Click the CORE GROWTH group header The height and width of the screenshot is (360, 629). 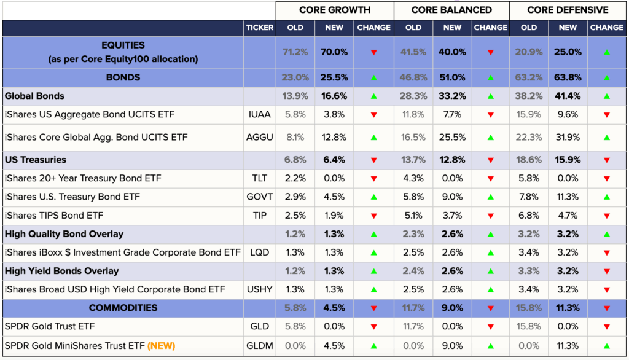(x=335, y=10)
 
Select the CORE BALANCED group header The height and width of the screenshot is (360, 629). (x=451, y=10)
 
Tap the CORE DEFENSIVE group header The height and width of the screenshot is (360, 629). (x=568, y=10)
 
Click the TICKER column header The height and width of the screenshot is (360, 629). (x=260, y=28)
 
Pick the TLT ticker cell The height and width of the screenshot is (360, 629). (x=260, y=179)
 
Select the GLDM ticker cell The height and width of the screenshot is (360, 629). (x=260, y=345)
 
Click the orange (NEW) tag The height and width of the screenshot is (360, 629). (x=162, y=345)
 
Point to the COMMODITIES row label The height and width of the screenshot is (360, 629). (x=123, y=308)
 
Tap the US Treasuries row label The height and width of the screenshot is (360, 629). (x=35, y=160)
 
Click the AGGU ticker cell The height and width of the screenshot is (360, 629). (x=260, y=137)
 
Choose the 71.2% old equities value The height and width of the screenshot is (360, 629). (x=295, y=52)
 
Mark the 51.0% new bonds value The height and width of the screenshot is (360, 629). (x=452, y=77)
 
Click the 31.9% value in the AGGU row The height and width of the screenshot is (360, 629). (x=568, y=137)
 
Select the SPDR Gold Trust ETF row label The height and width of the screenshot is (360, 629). (x=50, y=326)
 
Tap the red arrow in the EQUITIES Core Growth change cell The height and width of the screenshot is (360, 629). (x=373, y=53)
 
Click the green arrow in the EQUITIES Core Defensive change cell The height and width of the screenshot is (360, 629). (x=606, y=53)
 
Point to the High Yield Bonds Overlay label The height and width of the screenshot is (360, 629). (x=61, y=271)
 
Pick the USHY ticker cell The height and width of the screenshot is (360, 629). (x=260, y=289)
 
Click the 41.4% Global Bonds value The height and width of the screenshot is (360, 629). (x=568, y=96)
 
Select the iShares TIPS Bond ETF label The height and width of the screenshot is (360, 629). (x=54, y=216)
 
